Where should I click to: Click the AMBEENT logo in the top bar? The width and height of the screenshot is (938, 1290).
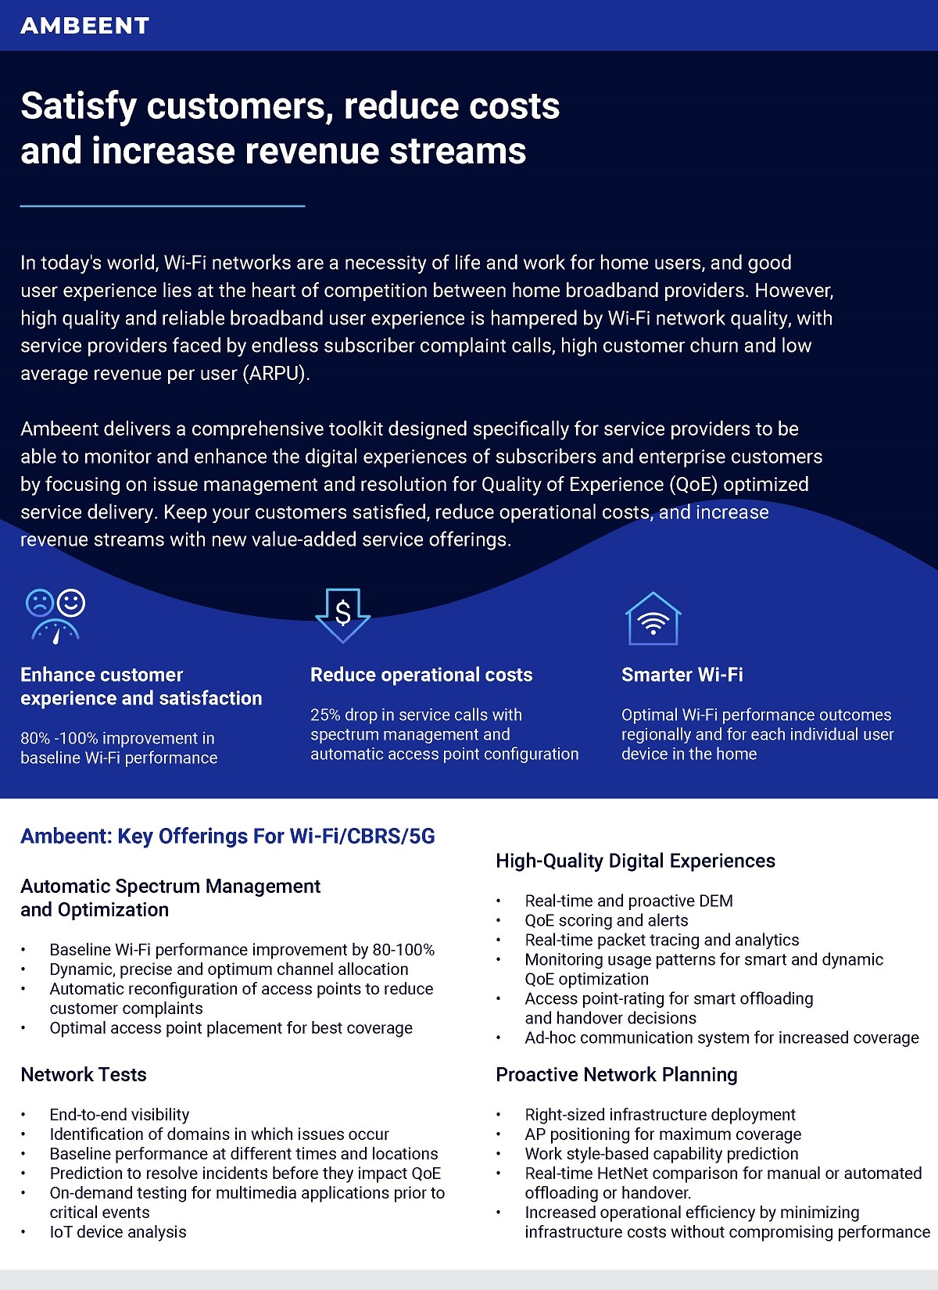(x=84, y=25)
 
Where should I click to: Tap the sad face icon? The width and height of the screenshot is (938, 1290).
(x=40, y=603)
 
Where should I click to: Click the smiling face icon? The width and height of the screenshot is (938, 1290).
(x=71, y=602)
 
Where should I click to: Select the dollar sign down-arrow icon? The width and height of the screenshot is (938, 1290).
(x=342, y=615)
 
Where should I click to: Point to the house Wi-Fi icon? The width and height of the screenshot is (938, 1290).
(x=653, y=618)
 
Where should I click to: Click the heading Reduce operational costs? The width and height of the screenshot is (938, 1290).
(x=421, y=675)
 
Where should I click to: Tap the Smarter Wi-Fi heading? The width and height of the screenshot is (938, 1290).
(x=682, y=675)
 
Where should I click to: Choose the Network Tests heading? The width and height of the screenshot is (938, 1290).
(x=84, y=1075)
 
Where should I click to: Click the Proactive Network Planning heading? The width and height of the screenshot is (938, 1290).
(x=617, y=1075)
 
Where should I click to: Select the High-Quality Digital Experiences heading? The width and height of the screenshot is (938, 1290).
(x=635, y=860)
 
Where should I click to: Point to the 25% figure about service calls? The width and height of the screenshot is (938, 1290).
(x=324, y=715)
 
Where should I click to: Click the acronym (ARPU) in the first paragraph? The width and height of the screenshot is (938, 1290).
(x=276, y=373)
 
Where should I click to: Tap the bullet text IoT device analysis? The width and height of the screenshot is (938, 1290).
(x=118, y=1232)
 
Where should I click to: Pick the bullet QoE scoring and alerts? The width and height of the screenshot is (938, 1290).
(x=607, y=920)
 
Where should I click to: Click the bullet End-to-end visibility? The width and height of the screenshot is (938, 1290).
(x=119, y=1114)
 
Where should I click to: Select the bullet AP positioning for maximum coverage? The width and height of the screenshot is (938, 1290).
(x=663, y=1134)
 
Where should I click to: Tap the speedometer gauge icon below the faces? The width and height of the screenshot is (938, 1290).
(x=55, y=632)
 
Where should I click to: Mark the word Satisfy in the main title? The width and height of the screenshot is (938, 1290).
(x=78, y=106)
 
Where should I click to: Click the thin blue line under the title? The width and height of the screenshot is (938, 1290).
(x=163, y=206)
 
